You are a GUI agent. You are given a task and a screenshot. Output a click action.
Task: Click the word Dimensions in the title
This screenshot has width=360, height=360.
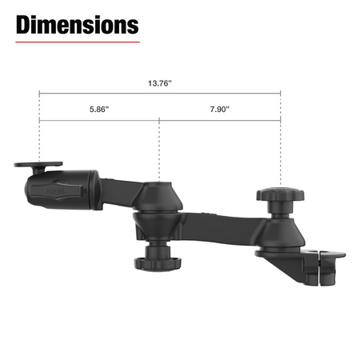point(77,26)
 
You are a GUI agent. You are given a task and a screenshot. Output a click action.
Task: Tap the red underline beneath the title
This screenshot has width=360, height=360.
point(77,42)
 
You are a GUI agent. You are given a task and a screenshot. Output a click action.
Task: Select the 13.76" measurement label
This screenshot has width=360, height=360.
point(159,82)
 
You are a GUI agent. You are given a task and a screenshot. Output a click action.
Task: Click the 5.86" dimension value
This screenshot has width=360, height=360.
point(99,110)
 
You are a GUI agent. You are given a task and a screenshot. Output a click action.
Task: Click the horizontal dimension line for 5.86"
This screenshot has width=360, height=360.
point(99,121)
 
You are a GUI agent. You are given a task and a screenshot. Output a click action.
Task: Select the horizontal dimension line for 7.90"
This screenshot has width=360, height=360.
point(220,121)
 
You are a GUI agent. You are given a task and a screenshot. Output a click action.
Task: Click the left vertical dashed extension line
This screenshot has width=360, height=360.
point(39,136)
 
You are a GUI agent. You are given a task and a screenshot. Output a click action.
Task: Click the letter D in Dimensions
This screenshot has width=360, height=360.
point(24,26)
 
